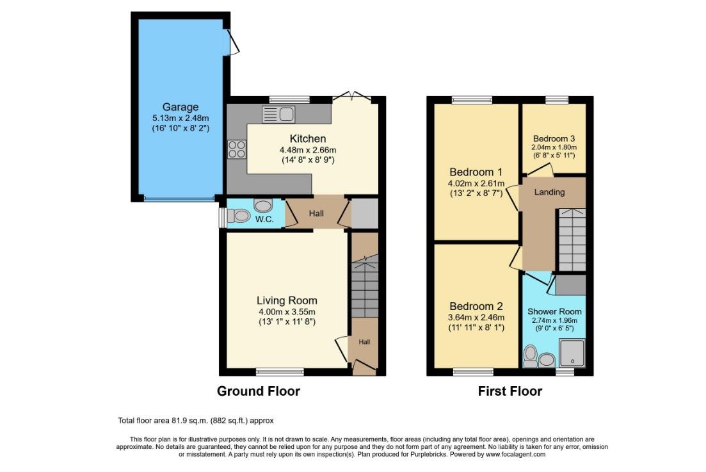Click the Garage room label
coord(181,107)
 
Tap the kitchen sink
coord(278,115)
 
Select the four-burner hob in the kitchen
coord(237,149)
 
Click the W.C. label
coord(264,219)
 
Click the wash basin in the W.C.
coord(263,206)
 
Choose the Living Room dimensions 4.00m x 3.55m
coord(287,312)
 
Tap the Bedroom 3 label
coord(554,139)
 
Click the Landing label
coord(549,192)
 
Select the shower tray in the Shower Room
coord(572,353)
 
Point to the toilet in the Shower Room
coord(531,356)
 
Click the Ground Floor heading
coord(259,391)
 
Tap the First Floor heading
coord(509,391)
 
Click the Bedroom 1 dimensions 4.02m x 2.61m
coord(476,184)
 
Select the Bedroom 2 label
coord(476,306)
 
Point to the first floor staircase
coord(572,240)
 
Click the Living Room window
coord(280,371)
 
